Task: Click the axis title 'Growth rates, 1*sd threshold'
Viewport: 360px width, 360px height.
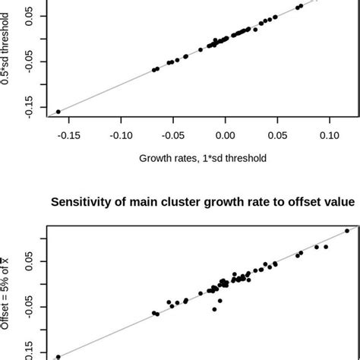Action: (203, 158)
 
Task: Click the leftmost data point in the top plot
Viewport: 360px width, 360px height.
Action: (58, 112)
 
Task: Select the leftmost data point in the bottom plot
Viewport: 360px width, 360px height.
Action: (58, 356)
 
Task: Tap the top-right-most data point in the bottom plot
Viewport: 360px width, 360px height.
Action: (347, 230)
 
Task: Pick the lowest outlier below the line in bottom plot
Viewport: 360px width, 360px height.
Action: (215, 309)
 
